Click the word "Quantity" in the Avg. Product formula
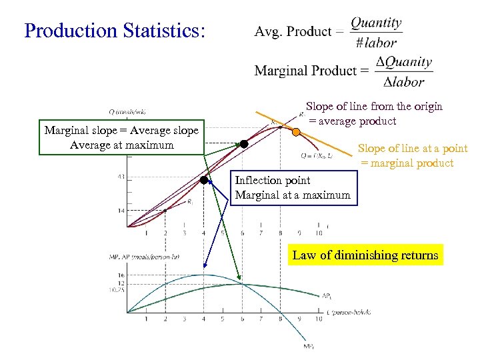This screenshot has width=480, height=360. click(376, 23)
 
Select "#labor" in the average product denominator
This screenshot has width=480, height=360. click(376, 43)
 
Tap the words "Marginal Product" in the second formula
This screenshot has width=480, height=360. click(303, 71)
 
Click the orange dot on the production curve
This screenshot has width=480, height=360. click(296, 132)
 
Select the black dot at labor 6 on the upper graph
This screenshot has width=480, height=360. click(244, 144)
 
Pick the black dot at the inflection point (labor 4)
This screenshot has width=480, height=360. click(204, 179)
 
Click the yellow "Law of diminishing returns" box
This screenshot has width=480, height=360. click(365, 255)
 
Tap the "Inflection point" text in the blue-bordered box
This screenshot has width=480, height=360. click(272, 180)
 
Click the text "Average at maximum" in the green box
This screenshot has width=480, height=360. click(121, 145)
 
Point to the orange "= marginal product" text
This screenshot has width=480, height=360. click(407, 163)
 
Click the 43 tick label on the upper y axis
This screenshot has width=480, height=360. click(120, 177)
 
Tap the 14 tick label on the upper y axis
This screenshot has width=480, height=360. click(120, 211)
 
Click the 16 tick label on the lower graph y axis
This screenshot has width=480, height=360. click(120, 275)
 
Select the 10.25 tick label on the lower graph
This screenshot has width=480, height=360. click(117, 290)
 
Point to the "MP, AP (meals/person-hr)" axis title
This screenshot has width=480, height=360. click(144, 257)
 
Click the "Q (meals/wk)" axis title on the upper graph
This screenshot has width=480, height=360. click(129, 112)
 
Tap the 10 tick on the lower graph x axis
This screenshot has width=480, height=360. click(319, 319)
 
